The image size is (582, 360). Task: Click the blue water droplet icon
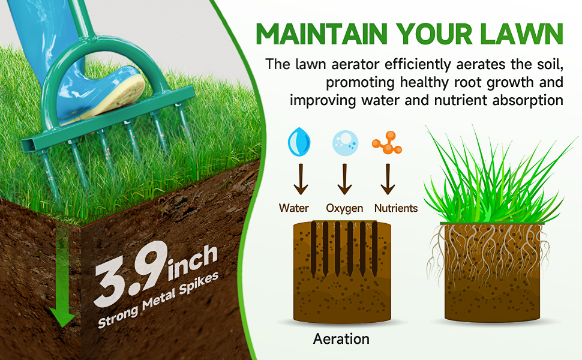pyautogui.click(x=299, y=142)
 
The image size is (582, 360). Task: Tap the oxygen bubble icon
pyautogui.click(x=346, y=143)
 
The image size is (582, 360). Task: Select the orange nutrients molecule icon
pyautogui.click(x=387, y=142)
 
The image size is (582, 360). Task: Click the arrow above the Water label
pyautogui.click(x=301, y=179)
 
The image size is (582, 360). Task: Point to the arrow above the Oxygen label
pyautogui.click(x=345, y=179)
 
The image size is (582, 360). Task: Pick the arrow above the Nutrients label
pyautogui.click(x=388, y=179)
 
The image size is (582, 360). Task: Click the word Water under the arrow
pyautogui.click(x=293, y=208)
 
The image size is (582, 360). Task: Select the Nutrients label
pyautogui.click(x=396, y=208)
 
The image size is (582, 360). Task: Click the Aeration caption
pyautogui.click(x=341, y=338)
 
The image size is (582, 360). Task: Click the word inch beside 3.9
pyautogui.click(x=193, y=262)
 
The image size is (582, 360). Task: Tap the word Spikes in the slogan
pyautogui.click(x=199, y=285)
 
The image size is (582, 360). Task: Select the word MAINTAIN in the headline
pyautogui.click(x=322, y=34)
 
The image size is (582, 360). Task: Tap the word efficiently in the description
pyautogui.click(x=418, y=65)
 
